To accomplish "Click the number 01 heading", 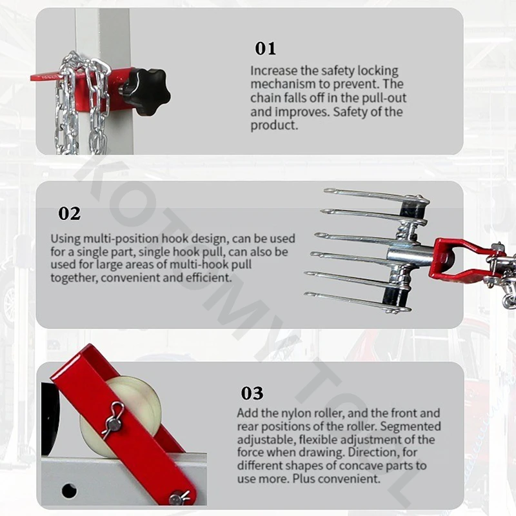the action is [265, 48].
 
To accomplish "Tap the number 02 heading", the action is [69, 213].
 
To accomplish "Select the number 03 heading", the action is [252, 393].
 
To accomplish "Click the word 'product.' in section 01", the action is [274, 125].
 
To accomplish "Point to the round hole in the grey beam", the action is [69, 491].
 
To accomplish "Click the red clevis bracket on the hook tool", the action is [463, 259].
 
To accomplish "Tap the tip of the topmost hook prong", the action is [326, 190].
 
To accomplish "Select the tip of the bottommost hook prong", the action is [306, 294].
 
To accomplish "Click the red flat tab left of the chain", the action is [45, 77].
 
